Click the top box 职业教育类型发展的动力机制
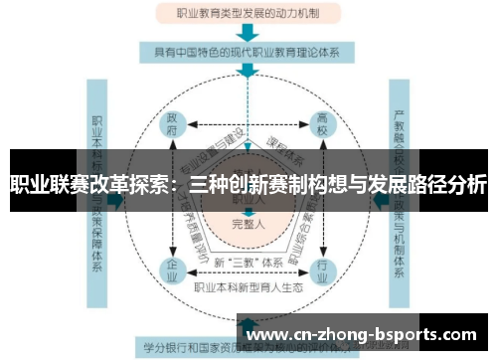click(x=248, y=14)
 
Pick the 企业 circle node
click(x=172, y=268)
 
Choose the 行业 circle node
click(x=321, y=268)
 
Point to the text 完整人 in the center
click(x=247, y=223)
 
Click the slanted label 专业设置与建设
click(x=210, y=146)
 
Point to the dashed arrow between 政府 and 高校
click(x=247, y=127)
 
